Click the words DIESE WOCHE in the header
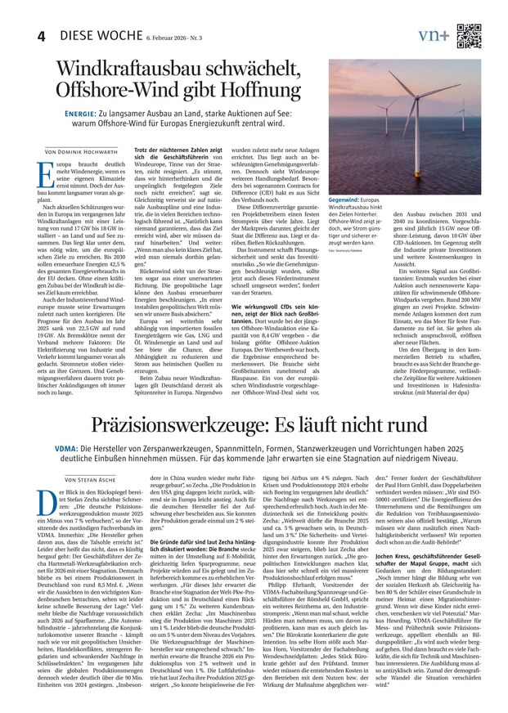click(92, 37)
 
